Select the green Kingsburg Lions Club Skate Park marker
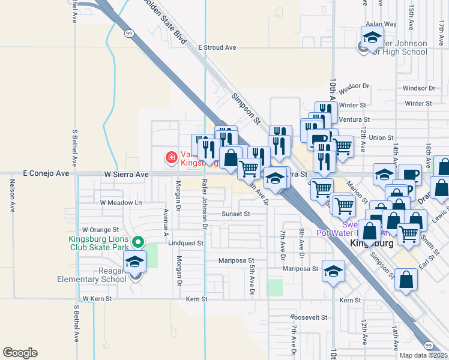(137, 242)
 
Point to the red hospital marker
(171, 158)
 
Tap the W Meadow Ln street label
(121, 203)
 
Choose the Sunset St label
(235, 213)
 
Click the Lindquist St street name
(185, 244)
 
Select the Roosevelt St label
(307, 317)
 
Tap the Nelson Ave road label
(12, 198)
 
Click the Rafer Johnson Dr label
(205, 205)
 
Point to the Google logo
(20, 353)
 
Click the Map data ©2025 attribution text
(423, 355)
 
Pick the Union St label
(381, 137)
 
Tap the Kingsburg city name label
(371, 243)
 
